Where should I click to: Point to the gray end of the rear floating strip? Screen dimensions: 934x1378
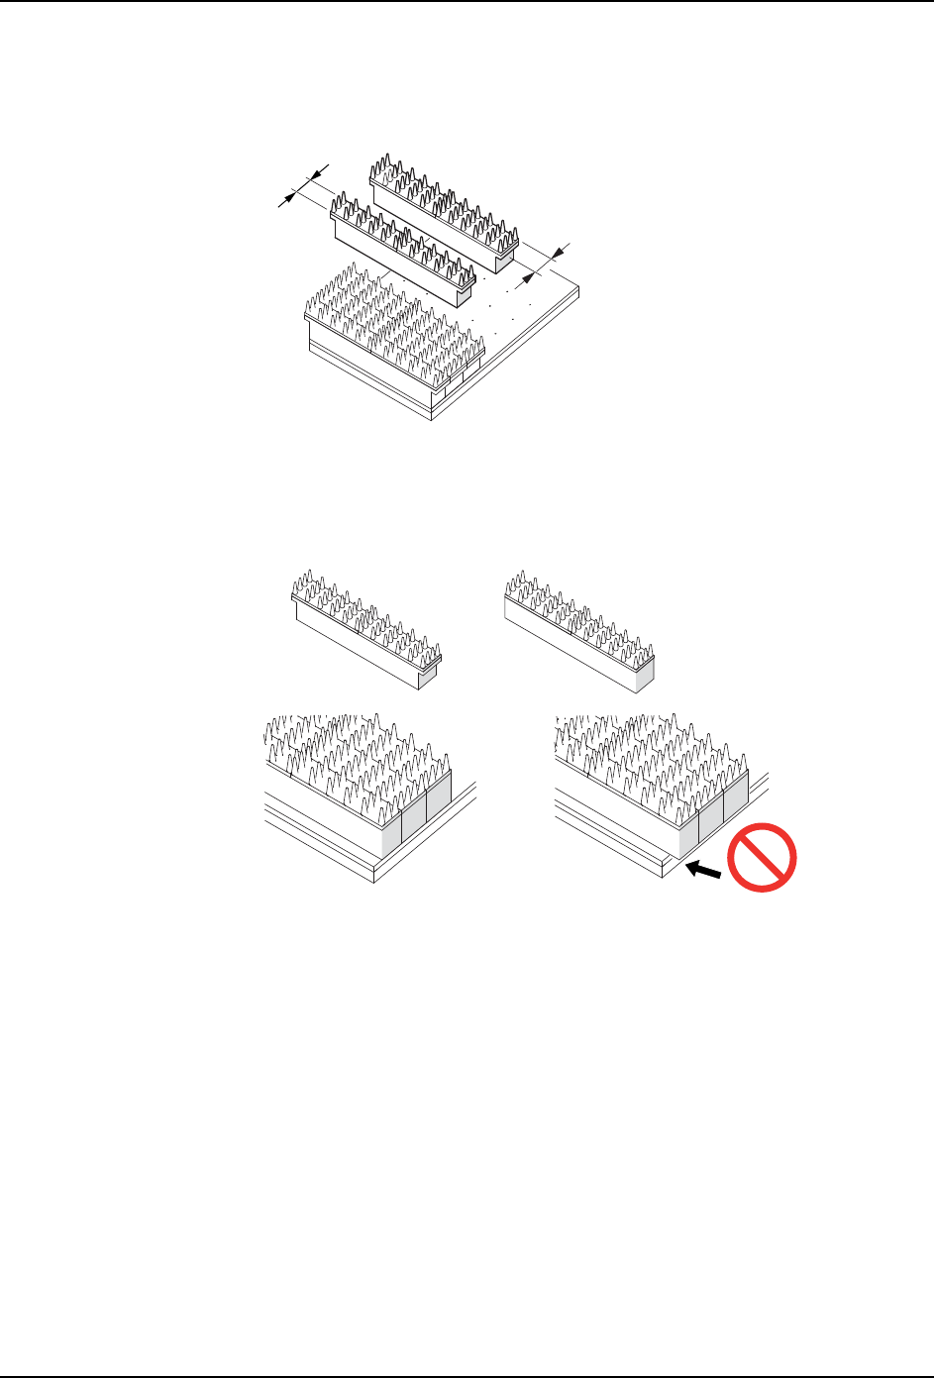click(x=505, y=260)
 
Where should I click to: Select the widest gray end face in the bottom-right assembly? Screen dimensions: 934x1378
click(x=687, y=832)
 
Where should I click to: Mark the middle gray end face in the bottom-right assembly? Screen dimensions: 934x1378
click(x=711, y=818)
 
